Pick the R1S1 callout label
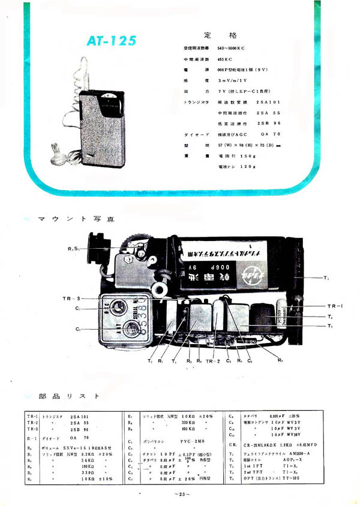coord(73,249)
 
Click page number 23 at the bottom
coord(181,493)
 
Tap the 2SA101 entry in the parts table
coord(82,415)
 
